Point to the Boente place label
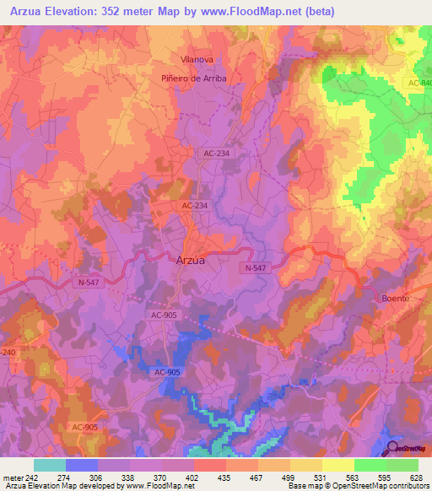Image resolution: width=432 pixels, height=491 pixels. click(x=395, y=299)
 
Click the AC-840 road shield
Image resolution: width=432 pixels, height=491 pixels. click(x=418, y=83)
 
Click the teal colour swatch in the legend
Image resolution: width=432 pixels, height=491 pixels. click(x=50, y=465)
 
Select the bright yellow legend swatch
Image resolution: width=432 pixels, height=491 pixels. click(x=338, y=465)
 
